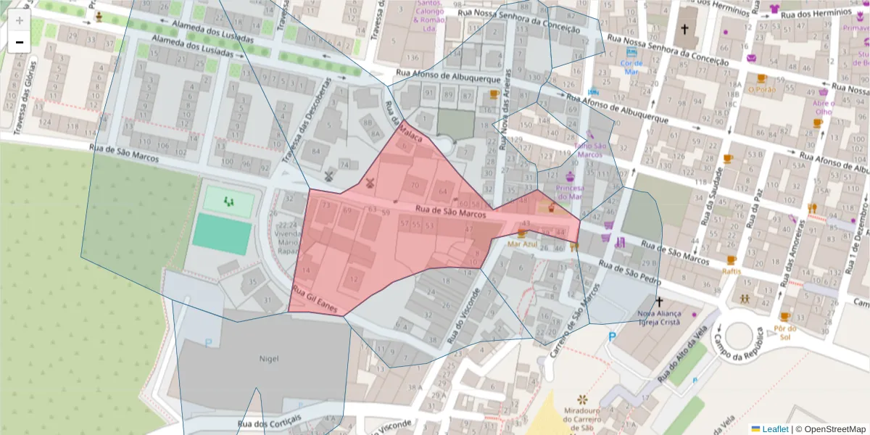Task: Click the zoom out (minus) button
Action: (x=20, y=42)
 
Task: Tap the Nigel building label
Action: (x=268, y=358)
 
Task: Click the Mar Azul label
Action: (x=522, y=244)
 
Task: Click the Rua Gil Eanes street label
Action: (x=315, y=299)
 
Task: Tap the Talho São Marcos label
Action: (x=589, y=149)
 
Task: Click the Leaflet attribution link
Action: (x=775, y=429)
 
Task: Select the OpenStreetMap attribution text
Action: (x=834, y=429)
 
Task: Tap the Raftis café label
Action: (x=731, y=271)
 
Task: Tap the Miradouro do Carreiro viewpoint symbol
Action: (x=582, y=399)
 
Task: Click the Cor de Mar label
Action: (x=631, y=67)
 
